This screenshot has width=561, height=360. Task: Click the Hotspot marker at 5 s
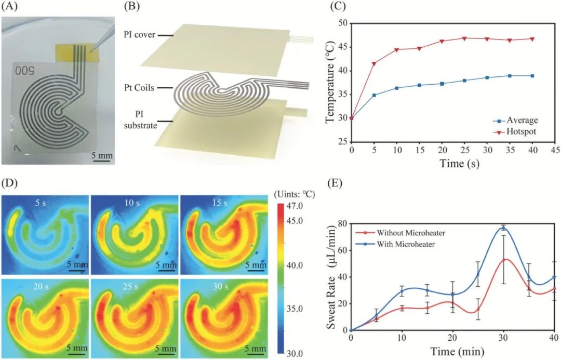tap(373, 63)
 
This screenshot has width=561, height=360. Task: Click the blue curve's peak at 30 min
tap(503, 228)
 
